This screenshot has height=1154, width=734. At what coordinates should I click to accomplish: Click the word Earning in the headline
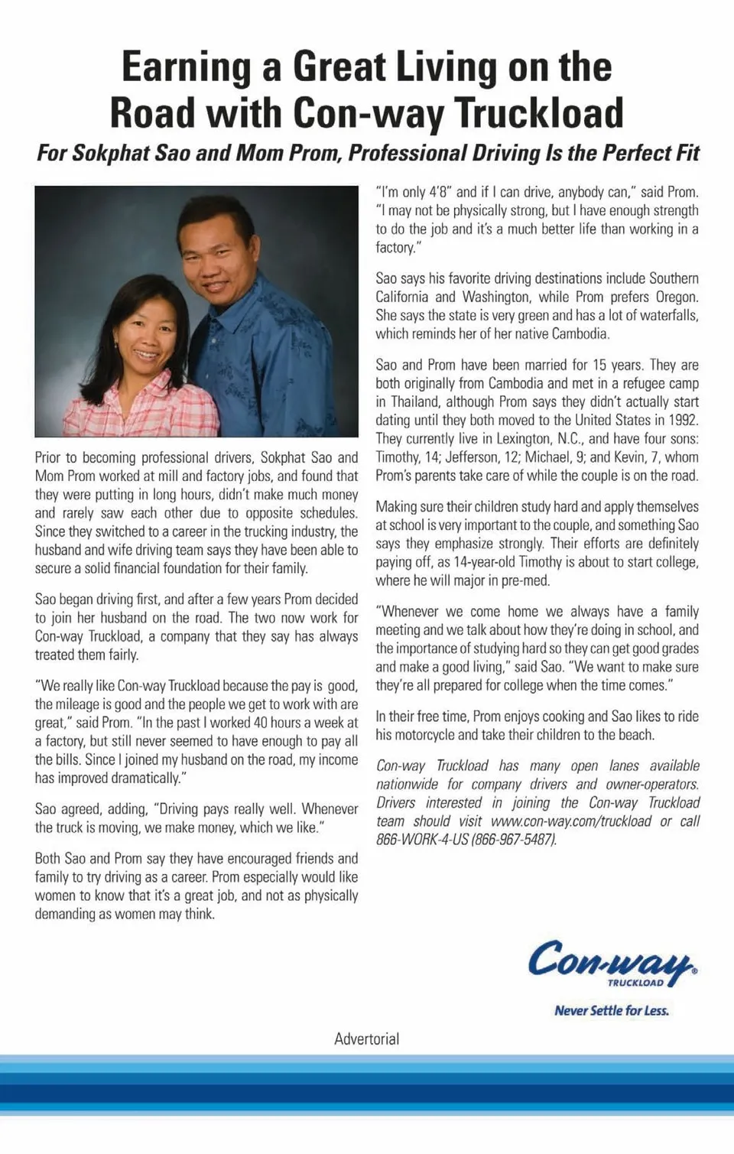[x=186, y=67]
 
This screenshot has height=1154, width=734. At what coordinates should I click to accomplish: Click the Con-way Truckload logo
[x=612, y=964]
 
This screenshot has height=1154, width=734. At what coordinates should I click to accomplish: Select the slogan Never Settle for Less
[x=612, y=1010]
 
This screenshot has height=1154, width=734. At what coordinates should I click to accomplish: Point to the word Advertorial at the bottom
[x=366, y=1039]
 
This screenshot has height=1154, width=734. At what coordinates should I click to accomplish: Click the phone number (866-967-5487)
[x=514, y=839]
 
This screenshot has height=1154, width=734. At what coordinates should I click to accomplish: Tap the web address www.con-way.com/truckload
[x=571, y=821]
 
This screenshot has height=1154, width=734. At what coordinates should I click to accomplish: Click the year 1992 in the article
[x=682, y=420]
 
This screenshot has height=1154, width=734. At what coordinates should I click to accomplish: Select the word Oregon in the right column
[x=677, y=297]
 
